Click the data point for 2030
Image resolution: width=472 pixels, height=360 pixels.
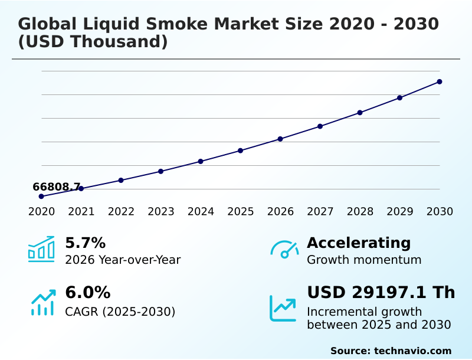click(440, 81)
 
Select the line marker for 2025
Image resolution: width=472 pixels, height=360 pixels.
click(241, 150)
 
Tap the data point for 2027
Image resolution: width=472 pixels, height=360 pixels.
click(320, 126)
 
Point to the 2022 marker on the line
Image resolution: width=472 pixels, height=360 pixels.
click(121, 180)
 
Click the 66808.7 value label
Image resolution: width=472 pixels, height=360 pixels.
click(57, 187)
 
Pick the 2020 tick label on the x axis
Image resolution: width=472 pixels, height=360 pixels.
click(41, 211)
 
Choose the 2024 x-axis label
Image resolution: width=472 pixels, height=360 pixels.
click(201, 211)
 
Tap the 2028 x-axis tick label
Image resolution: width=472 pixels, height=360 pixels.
click(360, 211)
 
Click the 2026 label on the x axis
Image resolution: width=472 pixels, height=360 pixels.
click(280, 211)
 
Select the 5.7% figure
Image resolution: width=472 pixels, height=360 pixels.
click(85, 243)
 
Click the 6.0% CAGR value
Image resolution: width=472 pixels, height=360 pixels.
click(87, 292)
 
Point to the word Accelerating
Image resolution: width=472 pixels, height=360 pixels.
click(359, 243)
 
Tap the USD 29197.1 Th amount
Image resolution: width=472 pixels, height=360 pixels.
click(381, 292)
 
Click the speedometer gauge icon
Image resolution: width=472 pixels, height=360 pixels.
click(284, 249)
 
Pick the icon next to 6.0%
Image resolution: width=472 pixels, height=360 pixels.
click(42, 302)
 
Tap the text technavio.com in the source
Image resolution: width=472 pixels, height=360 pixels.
click(412, 351)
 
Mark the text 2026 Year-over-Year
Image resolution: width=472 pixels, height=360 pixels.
click(123, 260)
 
